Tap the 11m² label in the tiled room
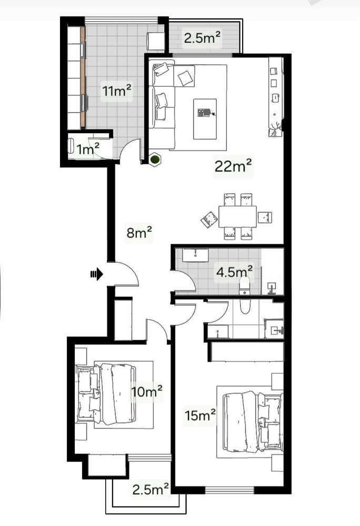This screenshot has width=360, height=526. [117, 92]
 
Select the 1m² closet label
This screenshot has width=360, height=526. [88, 150]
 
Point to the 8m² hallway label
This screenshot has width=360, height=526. [139, 232]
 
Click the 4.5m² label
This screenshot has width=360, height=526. [235, 272]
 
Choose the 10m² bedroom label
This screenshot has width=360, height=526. [147, 392]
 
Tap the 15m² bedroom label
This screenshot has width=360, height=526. [200, 415]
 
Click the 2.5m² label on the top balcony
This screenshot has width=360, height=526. [202, 37]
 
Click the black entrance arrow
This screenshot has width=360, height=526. [96, 273]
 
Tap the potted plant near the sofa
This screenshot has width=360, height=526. [155, 160]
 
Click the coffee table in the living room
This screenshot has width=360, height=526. [205, 118]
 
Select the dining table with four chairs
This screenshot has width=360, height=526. [237, 216]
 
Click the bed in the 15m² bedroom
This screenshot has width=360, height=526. [247, 421]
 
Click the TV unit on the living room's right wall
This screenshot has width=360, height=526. [275, 95]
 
